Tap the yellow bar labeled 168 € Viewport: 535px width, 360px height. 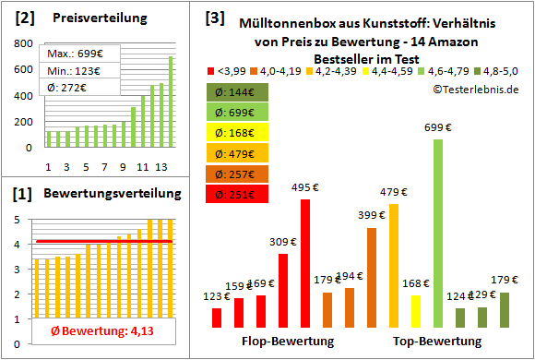[x=416, y=312]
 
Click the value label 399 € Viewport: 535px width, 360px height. [x=371, y=215]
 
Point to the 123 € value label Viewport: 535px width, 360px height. [x=216, y=296]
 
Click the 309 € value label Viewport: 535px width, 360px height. [x=283, y=241]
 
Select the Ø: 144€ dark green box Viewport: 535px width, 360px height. [x=238, y=92]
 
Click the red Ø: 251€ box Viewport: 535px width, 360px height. [x=238, y=194]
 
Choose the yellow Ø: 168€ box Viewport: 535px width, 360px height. [x=238, y=133]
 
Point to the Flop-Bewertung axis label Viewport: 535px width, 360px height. [x=288, y=342]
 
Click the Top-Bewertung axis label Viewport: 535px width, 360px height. [x=437, y=342]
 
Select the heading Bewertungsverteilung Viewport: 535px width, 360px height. [x=101, y=196]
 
